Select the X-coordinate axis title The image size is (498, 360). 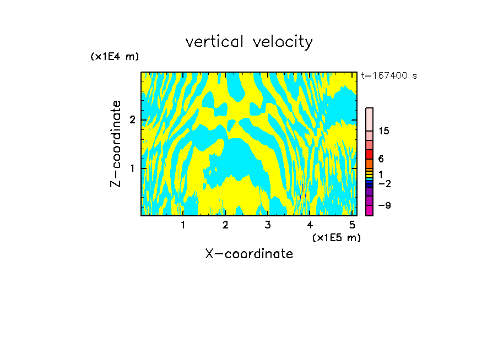pyautogui.click(x=249, y=254)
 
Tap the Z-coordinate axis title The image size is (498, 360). pyautogui.click(x=116, y=144)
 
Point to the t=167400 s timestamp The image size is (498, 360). pyautogui.click(x=388, y=75)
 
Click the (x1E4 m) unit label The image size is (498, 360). pyautogui.click(x=115, y=57)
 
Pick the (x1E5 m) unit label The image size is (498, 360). pyautogui.click(x=336, y=237)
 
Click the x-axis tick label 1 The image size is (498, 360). pyautogui.click(x=183, y=225)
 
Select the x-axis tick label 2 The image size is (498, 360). pyautogui.click(x=225, y=225)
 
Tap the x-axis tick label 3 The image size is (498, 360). pyautogui.click(x=267, y=225)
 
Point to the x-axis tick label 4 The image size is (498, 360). pyautogui.click(x=310, y=225)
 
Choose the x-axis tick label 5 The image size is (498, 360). pyautogui.click(x=352, y=225)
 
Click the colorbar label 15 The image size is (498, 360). pyautogui.click(x=384, y=131)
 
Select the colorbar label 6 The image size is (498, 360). pyautogui.click(x=381, y=159)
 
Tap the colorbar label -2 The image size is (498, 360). pyautogui.click(x=384, y=183)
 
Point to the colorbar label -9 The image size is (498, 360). pyautogui.click(x=384, y=205)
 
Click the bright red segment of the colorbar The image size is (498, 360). pyautogui.click(x=369, y=154)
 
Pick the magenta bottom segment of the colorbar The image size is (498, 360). pyautogui.click(x=369, y=210)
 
